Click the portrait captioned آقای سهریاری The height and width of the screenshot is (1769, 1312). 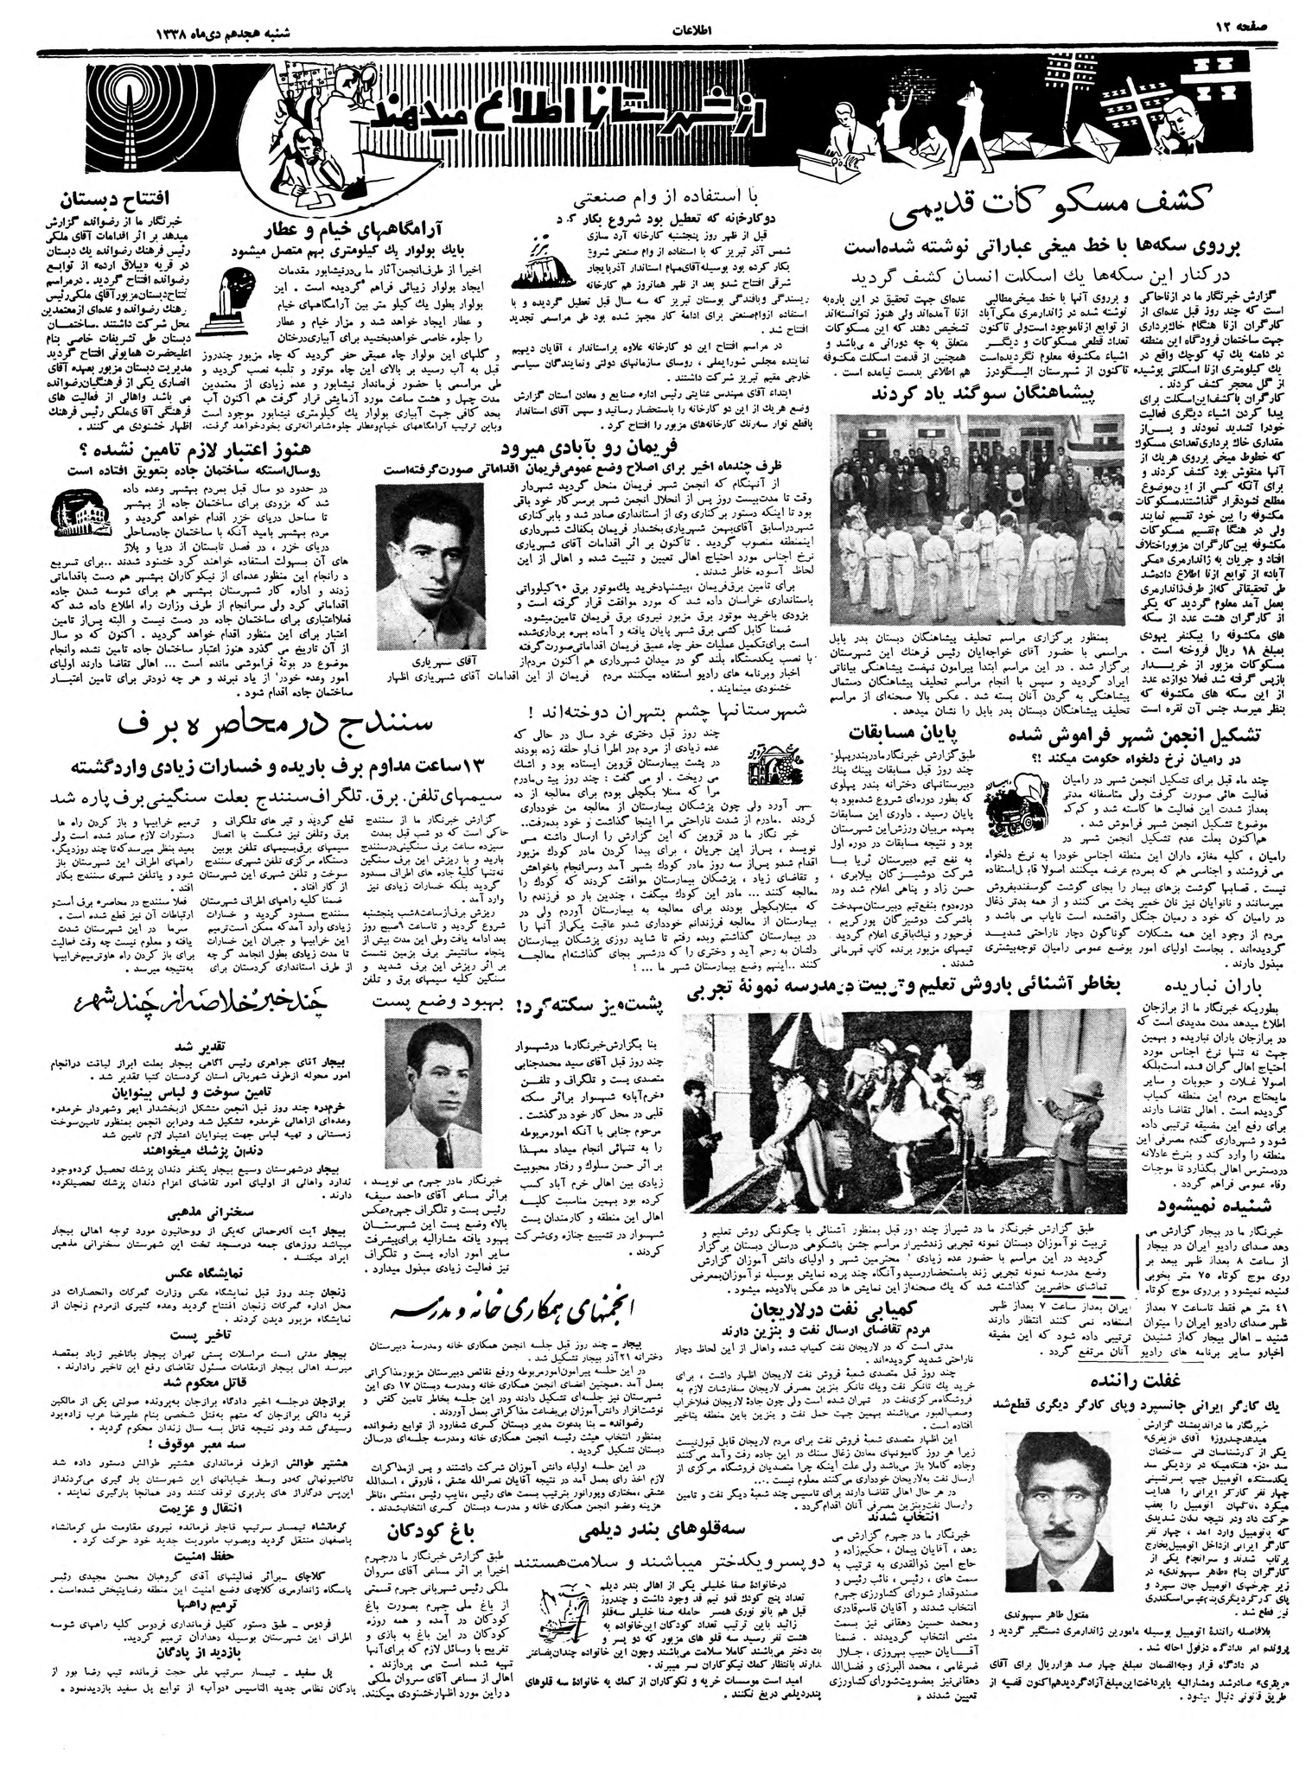(426, 568)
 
